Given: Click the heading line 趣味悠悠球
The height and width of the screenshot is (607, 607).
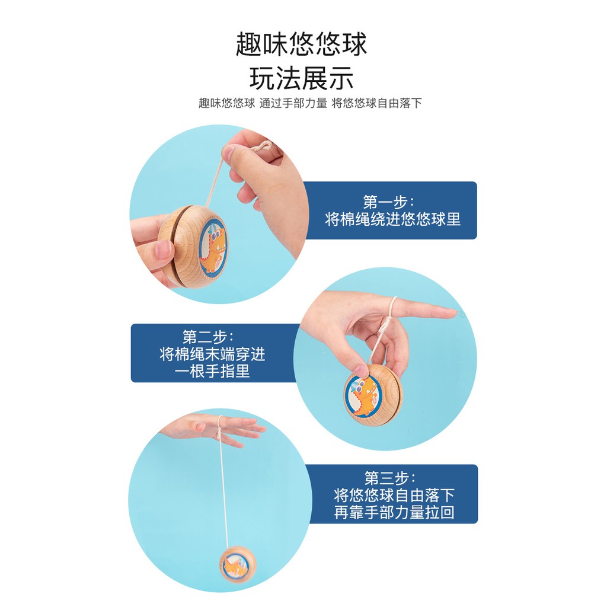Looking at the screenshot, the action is tap(301, 44).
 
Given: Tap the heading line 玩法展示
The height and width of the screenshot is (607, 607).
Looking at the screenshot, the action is tap(301, 78).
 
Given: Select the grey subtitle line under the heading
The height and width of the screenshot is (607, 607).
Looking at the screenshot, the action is tap(310, 103).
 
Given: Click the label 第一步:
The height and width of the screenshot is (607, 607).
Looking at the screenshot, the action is tap(388, 202).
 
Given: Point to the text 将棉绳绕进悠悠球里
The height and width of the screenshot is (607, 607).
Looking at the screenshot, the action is tap(392, 219).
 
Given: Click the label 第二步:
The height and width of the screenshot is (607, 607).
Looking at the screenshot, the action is tap(208, 337).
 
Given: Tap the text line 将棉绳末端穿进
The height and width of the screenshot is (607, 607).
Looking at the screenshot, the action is tap(213, 354).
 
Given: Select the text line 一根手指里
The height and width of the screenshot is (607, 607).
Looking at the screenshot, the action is tap(212, 371).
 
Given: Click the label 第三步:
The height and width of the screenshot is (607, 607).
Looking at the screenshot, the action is tap(390, 478).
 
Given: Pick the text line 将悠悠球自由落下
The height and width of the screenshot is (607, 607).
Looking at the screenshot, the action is tap(394, 495).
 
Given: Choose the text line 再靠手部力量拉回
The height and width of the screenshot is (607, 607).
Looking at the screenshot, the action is tap(394, 512).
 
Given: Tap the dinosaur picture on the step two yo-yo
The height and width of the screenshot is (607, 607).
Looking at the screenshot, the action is tap(362, 396).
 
